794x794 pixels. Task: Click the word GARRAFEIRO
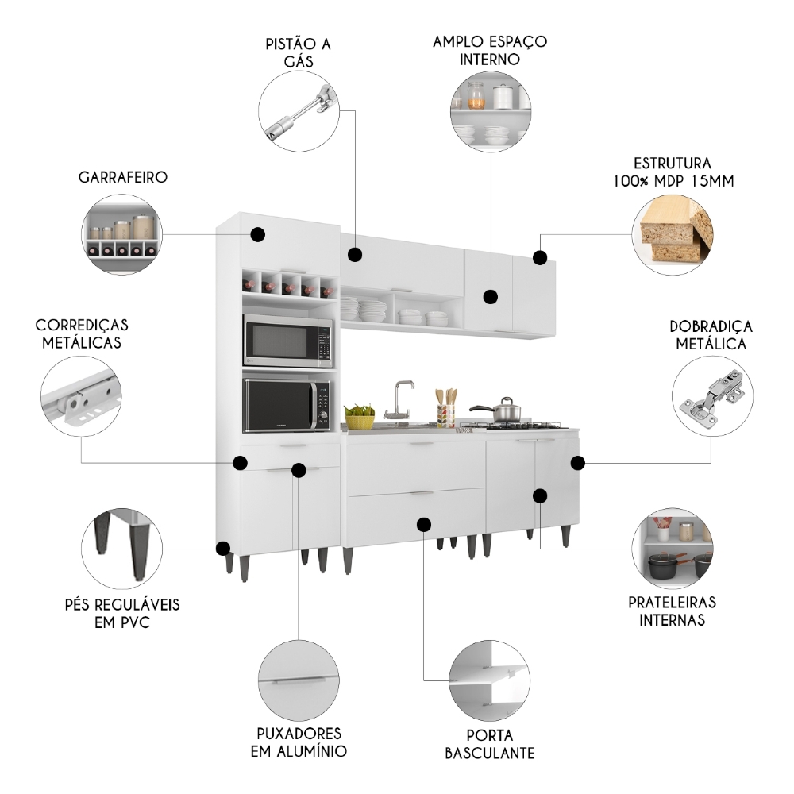click(x=123, y=177)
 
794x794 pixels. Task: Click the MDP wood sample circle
click(x=673, y=230)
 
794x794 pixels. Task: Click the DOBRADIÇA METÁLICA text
click(x=711, y=335)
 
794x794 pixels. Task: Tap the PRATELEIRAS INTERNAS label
click(x=672, y=611)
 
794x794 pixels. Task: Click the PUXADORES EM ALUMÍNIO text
click(x=299, y=742)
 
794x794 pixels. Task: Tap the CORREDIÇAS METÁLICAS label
click(x=83, y=334)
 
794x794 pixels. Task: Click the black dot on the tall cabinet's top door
click(x=257, y=234)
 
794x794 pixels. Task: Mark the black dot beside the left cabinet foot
click(x=224, y=548)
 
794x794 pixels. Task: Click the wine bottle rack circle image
click(x=122, y=234)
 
